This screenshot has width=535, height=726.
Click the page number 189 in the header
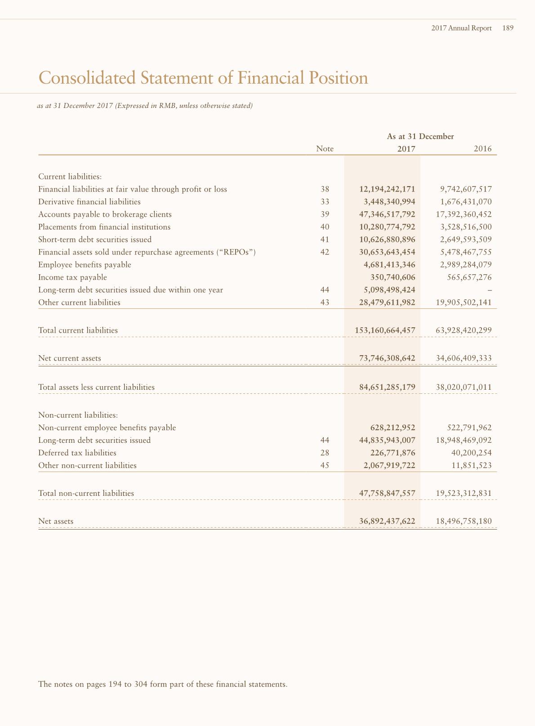point(508,28)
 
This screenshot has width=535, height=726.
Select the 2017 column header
point(406,149)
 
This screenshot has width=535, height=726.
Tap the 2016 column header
point(482,149)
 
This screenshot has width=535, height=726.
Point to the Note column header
point(325,149)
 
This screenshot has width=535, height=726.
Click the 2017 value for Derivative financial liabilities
point(389,202)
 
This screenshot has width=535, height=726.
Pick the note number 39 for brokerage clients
point(325,214)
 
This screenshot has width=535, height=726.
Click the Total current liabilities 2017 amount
point(385,330)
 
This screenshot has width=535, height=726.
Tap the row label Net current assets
point(70,358)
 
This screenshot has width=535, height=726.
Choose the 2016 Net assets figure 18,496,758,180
point(464,521)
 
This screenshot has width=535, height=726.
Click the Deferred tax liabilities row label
point(77,453)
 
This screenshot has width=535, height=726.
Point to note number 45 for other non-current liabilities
point(325,465)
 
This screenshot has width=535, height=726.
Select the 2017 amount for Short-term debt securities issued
point(387,240)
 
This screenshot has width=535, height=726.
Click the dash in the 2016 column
point(489,290)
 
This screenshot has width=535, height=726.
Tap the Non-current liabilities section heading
point(78,415)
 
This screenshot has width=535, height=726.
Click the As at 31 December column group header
point(420,136)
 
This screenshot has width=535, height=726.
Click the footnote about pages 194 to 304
point(163,684)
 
